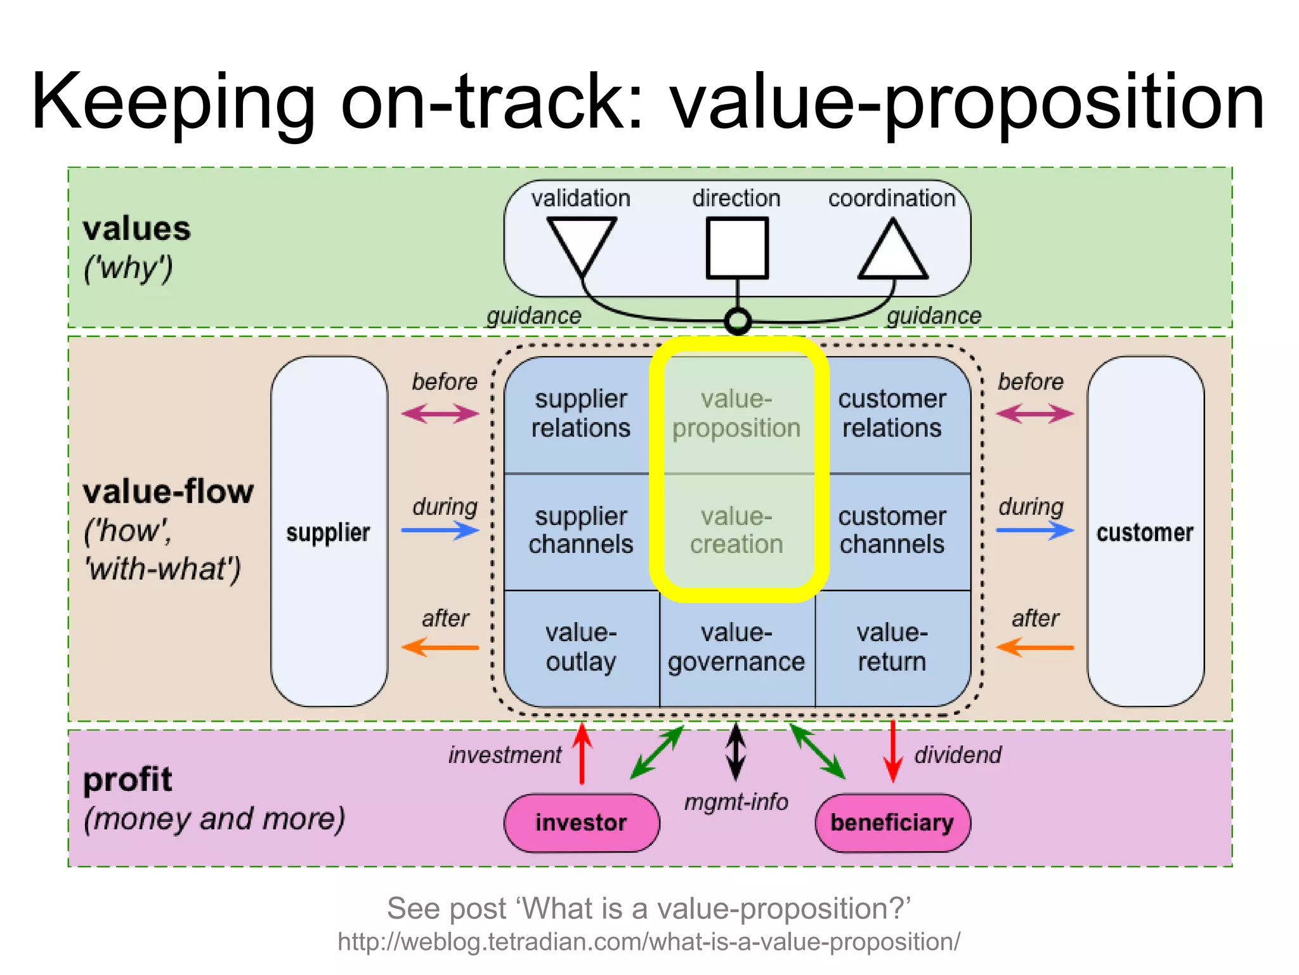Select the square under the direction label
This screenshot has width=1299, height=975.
737,248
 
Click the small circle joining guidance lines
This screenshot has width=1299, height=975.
738,321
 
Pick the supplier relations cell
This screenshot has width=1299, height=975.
581,414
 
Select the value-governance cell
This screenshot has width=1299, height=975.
736,647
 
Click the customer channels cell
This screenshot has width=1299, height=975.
892,531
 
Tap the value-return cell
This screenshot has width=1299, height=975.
892,647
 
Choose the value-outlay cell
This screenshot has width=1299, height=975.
581,647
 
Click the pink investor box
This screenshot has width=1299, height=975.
581,823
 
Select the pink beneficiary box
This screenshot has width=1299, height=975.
892,823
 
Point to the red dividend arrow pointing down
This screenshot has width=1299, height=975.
892,752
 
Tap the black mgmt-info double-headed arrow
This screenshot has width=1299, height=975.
736,752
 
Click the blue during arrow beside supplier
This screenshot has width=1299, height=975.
440,530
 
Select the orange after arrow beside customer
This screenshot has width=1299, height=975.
1035,647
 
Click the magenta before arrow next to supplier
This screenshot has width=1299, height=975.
440,415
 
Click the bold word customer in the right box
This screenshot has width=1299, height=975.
1145,533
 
